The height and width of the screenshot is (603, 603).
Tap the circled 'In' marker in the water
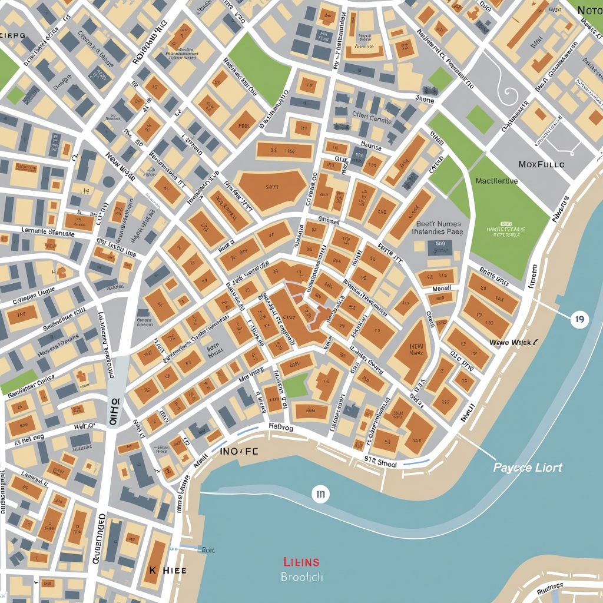(320, 495)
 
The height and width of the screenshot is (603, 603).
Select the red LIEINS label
(301, 561)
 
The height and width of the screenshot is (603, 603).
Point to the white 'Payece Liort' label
(528, 468)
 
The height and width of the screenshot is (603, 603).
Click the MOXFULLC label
(541, 164)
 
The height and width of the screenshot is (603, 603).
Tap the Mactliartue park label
(496, 181)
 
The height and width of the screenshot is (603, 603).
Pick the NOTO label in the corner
(589, 10)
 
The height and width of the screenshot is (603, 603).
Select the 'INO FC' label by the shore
(239, 451)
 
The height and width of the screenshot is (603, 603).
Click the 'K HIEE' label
(167, 571)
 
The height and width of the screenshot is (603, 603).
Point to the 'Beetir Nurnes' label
(439, 224)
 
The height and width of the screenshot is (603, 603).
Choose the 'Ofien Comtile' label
(372, 118)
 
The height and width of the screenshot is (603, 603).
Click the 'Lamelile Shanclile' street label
(48, 232)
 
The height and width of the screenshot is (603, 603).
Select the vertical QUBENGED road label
(100, 539)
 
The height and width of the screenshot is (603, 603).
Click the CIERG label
(13, 35)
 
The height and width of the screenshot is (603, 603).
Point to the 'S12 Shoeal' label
(380, 463)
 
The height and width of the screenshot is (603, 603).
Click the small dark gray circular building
(108, 181)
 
